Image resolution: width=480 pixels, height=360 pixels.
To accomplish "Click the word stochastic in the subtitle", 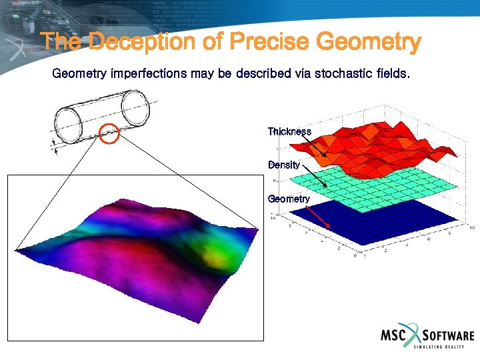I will click(x=331, y=73).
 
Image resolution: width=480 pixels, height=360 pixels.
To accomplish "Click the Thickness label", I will click(x=289, y=131).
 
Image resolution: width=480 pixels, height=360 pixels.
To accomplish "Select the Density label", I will click(x=284, y=165).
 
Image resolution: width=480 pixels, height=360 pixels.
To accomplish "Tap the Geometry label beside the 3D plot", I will click(x=289, y=199).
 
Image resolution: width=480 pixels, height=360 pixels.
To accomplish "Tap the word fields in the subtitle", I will click(x=389, y=73).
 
